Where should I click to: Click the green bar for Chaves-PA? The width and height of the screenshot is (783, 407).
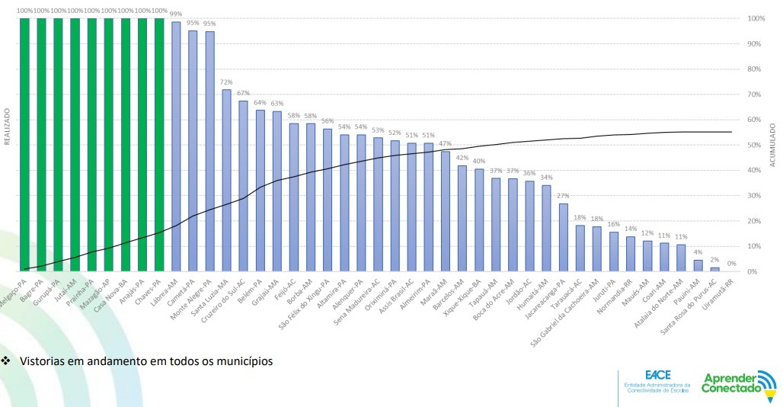[159, 145]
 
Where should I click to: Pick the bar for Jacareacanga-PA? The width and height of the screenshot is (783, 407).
[563, 237]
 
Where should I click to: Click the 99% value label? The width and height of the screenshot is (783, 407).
[176, 14]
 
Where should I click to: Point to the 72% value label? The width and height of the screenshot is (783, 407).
[226, 82]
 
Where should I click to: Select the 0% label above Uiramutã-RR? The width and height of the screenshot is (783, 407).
[731, 264]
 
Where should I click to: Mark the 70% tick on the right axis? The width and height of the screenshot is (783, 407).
[756, 95]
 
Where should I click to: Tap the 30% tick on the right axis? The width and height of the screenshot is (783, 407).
[756, 196]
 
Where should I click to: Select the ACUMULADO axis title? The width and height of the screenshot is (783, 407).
[773, 145]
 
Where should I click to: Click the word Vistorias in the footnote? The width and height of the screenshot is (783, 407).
[43, 361]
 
